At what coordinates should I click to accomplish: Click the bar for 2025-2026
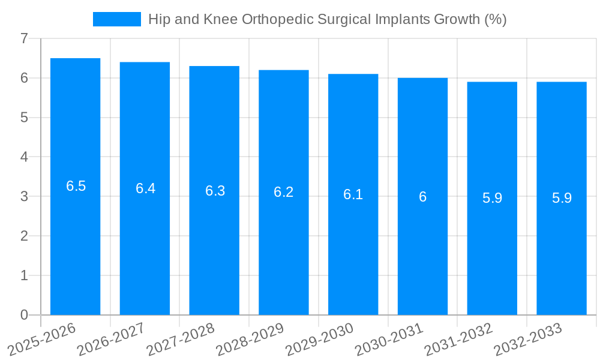75,240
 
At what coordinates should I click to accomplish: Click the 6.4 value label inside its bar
145,188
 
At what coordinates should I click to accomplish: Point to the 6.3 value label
215,191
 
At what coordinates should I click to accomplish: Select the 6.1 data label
353,194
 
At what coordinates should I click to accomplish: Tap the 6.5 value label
76,186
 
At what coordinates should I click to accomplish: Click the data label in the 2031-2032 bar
492,198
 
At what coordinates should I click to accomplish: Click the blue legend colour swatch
117,19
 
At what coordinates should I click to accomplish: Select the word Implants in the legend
404,19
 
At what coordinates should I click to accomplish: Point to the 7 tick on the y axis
24,38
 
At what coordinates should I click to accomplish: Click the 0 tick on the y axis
24,315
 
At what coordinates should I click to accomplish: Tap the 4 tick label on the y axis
24,157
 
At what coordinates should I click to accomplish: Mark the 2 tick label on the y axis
24,236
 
